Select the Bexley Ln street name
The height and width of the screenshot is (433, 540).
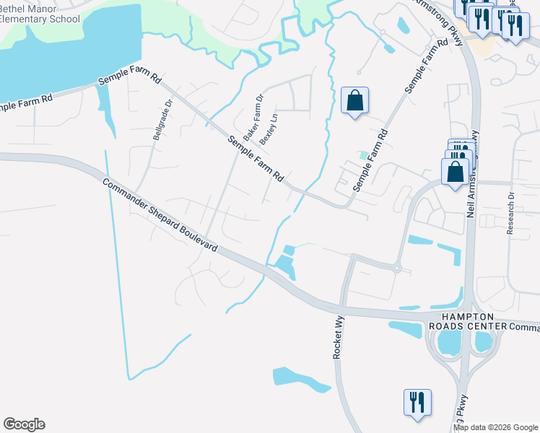[x=269, y=129]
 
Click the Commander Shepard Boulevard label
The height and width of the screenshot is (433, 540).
[x=160, y=214]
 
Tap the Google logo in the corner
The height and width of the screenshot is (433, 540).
[x=24, y=424]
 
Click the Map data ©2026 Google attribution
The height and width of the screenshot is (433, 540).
[x=495, y=428]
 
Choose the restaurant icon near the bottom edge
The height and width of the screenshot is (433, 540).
[x=417, y=402]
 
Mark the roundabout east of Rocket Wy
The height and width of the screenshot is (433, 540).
[x=396, y=268]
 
